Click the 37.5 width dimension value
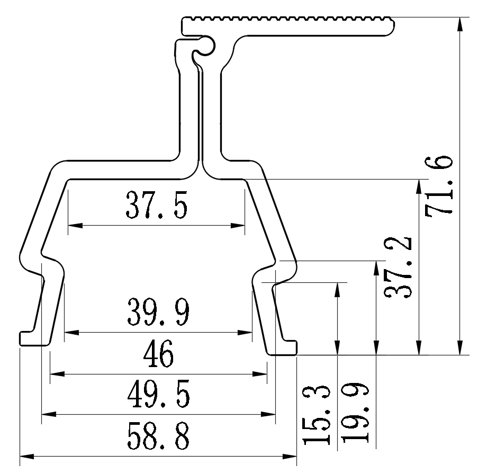point(156,206)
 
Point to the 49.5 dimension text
point(158,396)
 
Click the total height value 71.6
point(439,185)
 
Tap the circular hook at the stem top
point(204,46)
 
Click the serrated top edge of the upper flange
point(286,20)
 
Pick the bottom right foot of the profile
point(286,348)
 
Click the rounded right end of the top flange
point(391,27)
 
